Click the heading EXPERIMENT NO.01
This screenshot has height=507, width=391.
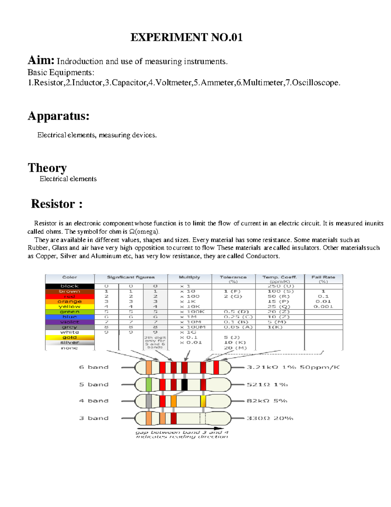(x=186, y=37)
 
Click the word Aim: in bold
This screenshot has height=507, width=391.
(x=41, y=60)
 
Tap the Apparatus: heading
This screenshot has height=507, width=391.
(x=59, y=116)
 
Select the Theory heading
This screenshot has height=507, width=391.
(x=47, y=168)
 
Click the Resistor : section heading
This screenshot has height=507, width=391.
(x=57, y=204)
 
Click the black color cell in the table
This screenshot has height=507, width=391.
(x=70, y=286)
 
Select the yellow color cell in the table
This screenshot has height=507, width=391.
(x=70, y=307)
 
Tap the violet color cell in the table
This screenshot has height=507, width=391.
(x=70, y=322)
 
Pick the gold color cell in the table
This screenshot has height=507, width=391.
(x=70, y=338)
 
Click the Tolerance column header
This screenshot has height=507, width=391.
(x=233, y=277)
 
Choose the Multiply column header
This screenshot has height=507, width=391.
(x=189, y=277)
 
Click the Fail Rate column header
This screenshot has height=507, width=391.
(x=323, y=277)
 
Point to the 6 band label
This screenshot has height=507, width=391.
(x=94, y=367)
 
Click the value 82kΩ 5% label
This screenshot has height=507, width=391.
(x=267, y=401)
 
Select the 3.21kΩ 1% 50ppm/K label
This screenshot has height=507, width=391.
(x=293, y=367)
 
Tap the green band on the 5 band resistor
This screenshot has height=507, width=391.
(x=149, y=385)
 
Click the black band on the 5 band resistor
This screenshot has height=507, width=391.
(x=184, y=385)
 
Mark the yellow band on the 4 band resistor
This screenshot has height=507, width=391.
(x=203, y=401)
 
